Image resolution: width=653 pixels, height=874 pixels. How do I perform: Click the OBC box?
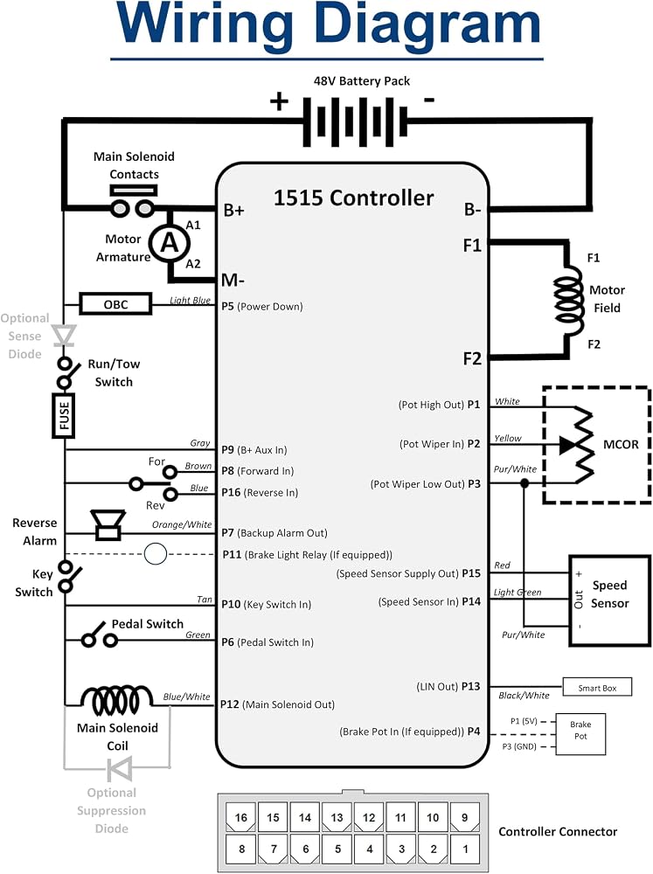click(x=115, y=304)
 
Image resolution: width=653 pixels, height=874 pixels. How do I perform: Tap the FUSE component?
click(x=64, y=415)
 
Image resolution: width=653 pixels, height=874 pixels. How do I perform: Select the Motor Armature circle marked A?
click(x=169, y=242)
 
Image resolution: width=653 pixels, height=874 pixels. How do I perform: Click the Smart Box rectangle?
click(x=597, y=687)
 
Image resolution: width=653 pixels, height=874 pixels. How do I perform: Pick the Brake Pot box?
click(x=580, y=735)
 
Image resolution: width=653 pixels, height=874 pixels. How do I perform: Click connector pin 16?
click(x=241, y=817)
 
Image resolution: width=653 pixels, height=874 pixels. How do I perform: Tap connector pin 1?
click(x=465, y=850)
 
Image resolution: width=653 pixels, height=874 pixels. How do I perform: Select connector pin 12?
click(x=369, y=817)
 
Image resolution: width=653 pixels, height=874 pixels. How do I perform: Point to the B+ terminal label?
click(x=233, y=210)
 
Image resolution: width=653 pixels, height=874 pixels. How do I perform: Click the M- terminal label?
click(x=233, y=280)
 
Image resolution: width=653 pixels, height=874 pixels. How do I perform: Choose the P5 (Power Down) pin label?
click(x=262, y=307)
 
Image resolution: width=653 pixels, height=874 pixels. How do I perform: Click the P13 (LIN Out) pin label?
click(x=448, y=686)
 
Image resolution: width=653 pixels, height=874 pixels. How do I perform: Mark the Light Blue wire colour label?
click(x=191, y=300)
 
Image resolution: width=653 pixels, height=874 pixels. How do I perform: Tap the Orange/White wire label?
click(x=182, y=524)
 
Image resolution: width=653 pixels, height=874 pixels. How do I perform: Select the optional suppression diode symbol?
click(x=120, y=768)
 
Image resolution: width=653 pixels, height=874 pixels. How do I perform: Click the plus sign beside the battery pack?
click(x=279, y=101)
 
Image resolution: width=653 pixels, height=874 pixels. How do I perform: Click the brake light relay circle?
click(x=155, y=554)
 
